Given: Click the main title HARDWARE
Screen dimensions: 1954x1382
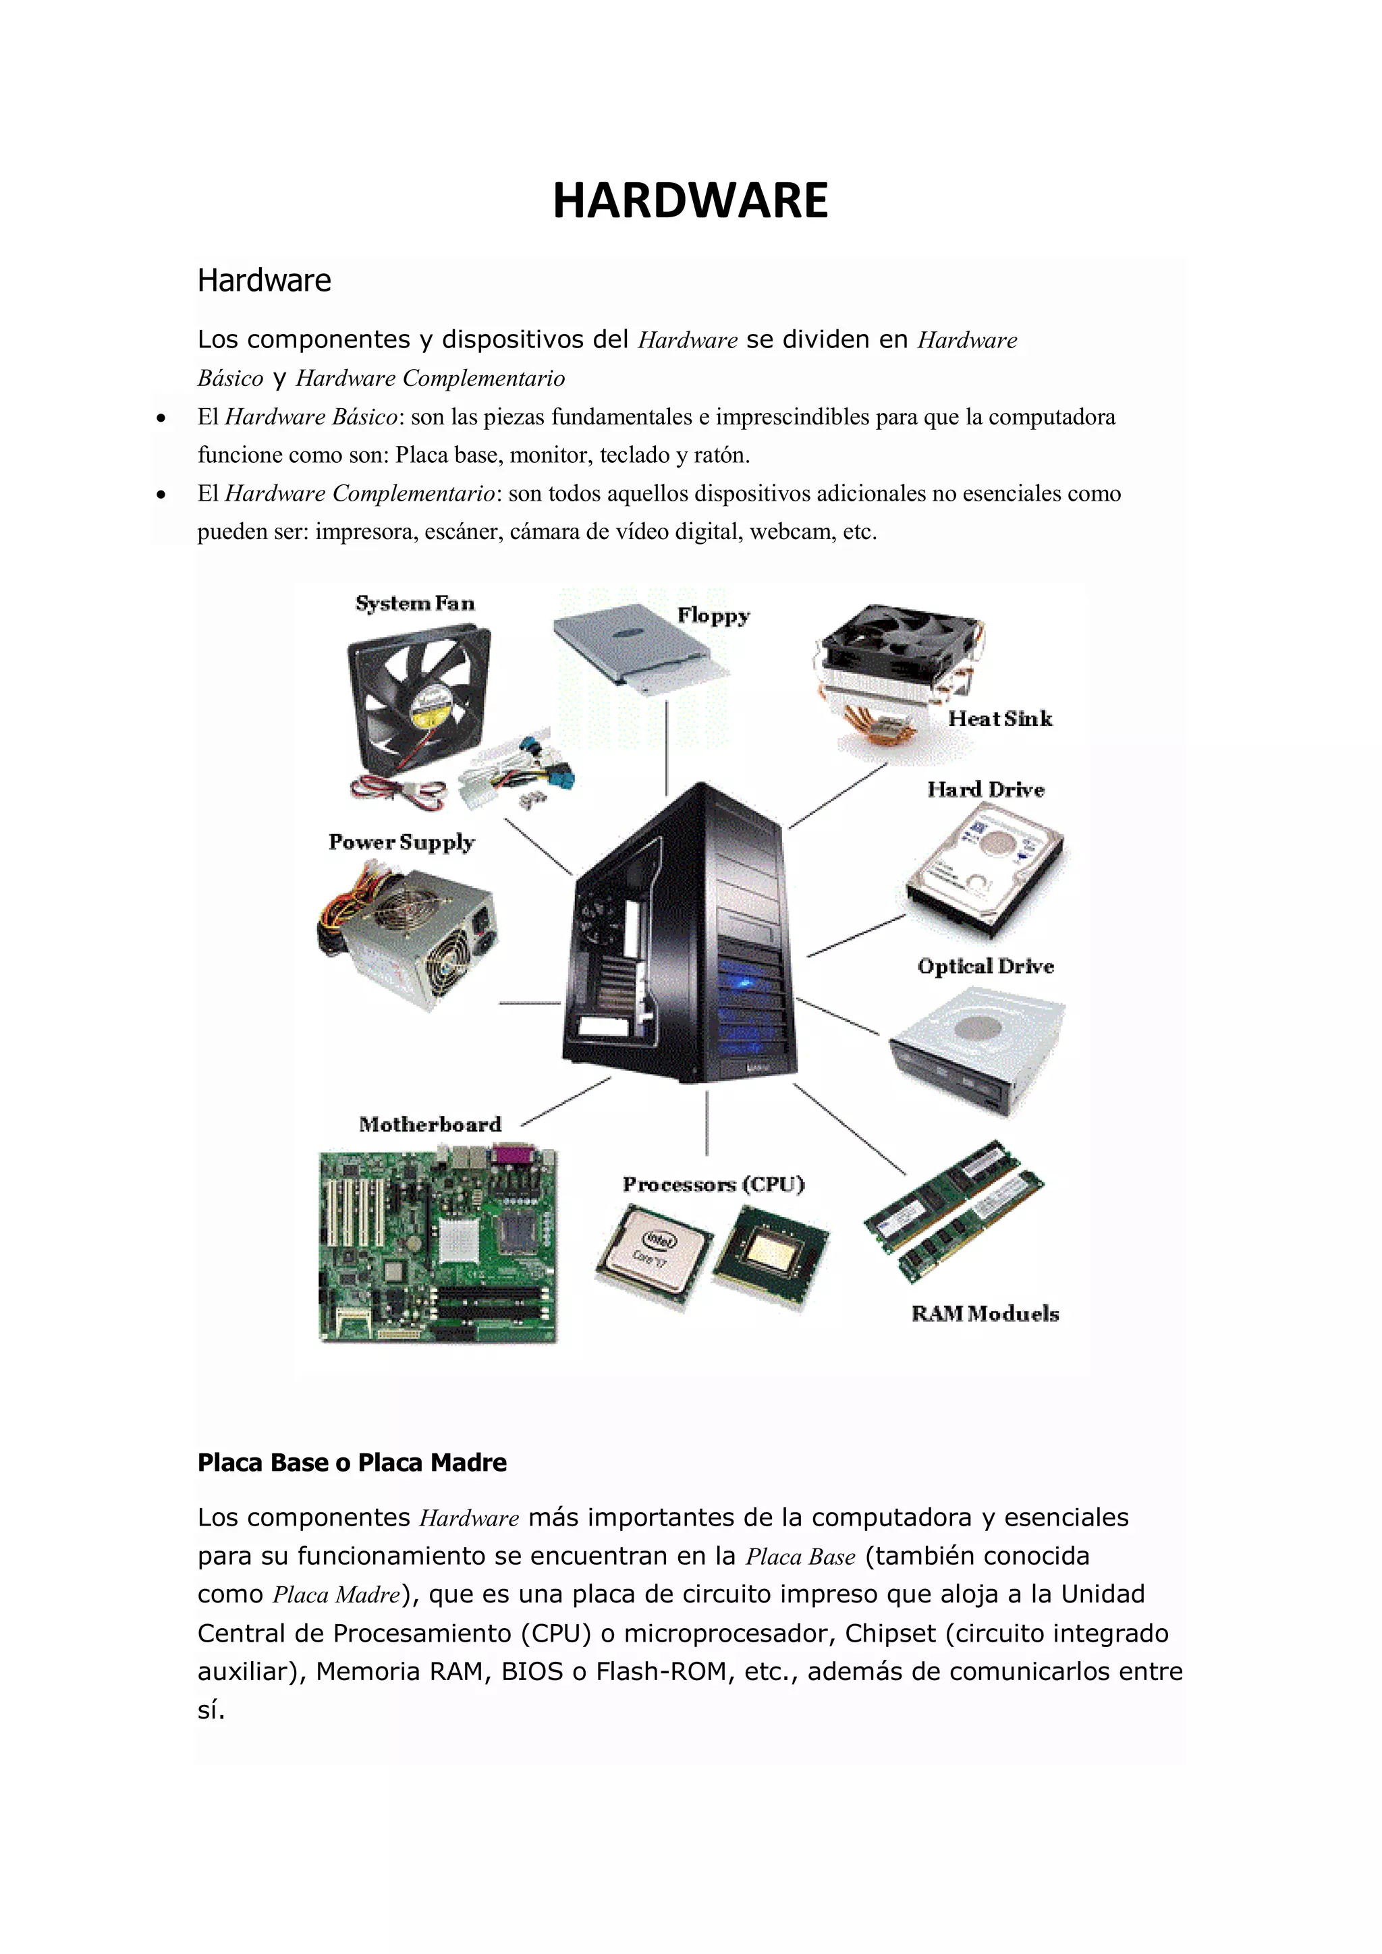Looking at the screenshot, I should [x=690, y=202].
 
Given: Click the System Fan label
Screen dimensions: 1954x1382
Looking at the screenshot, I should [x=414, y=603].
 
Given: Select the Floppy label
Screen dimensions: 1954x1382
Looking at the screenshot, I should [x=713, y=616].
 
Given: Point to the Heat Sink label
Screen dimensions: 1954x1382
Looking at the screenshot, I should [x=1000, y=719].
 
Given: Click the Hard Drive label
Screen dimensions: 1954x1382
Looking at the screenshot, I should [x=985, y=790].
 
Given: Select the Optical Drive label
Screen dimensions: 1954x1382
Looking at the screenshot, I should [x=985, y=967].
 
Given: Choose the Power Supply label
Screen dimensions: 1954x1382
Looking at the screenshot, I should [x=401, y=843].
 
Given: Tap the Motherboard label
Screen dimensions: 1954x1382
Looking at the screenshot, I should [x=430, y=1125].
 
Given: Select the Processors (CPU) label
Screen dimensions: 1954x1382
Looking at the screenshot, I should [x=713, y=1185].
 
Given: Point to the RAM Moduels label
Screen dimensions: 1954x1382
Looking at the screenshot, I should [x=985, y=1314].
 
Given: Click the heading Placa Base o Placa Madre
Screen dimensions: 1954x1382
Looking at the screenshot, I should [x=352, y=1463].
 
